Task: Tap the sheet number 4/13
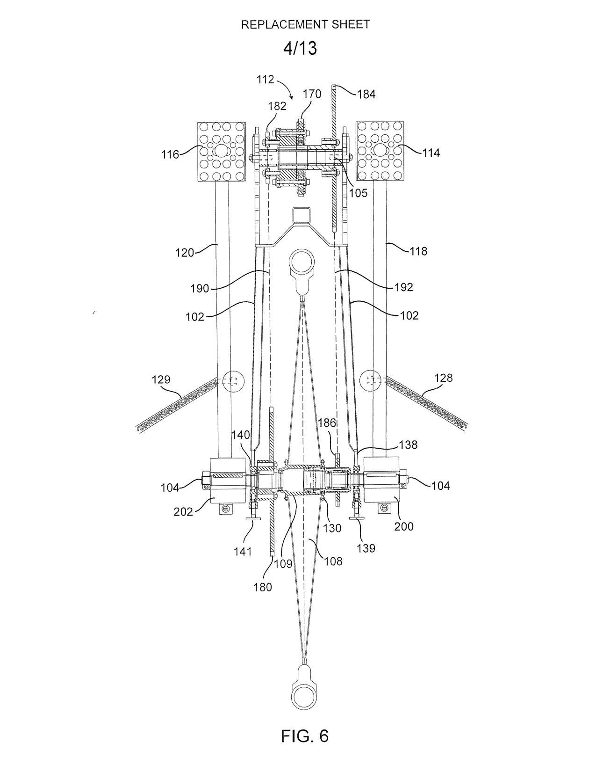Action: (x=300, y=48)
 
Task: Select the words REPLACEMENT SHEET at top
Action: (x=306, y=24)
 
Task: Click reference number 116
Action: (x=171, y=154)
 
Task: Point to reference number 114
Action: (x=431, y=153)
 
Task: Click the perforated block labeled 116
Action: (x=222, y=151)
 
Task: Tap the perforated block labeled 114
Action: (x=380, y=151)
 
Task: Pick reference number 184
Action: (x=366, y=94)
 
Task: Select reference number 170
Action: (x=312, y=94)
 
